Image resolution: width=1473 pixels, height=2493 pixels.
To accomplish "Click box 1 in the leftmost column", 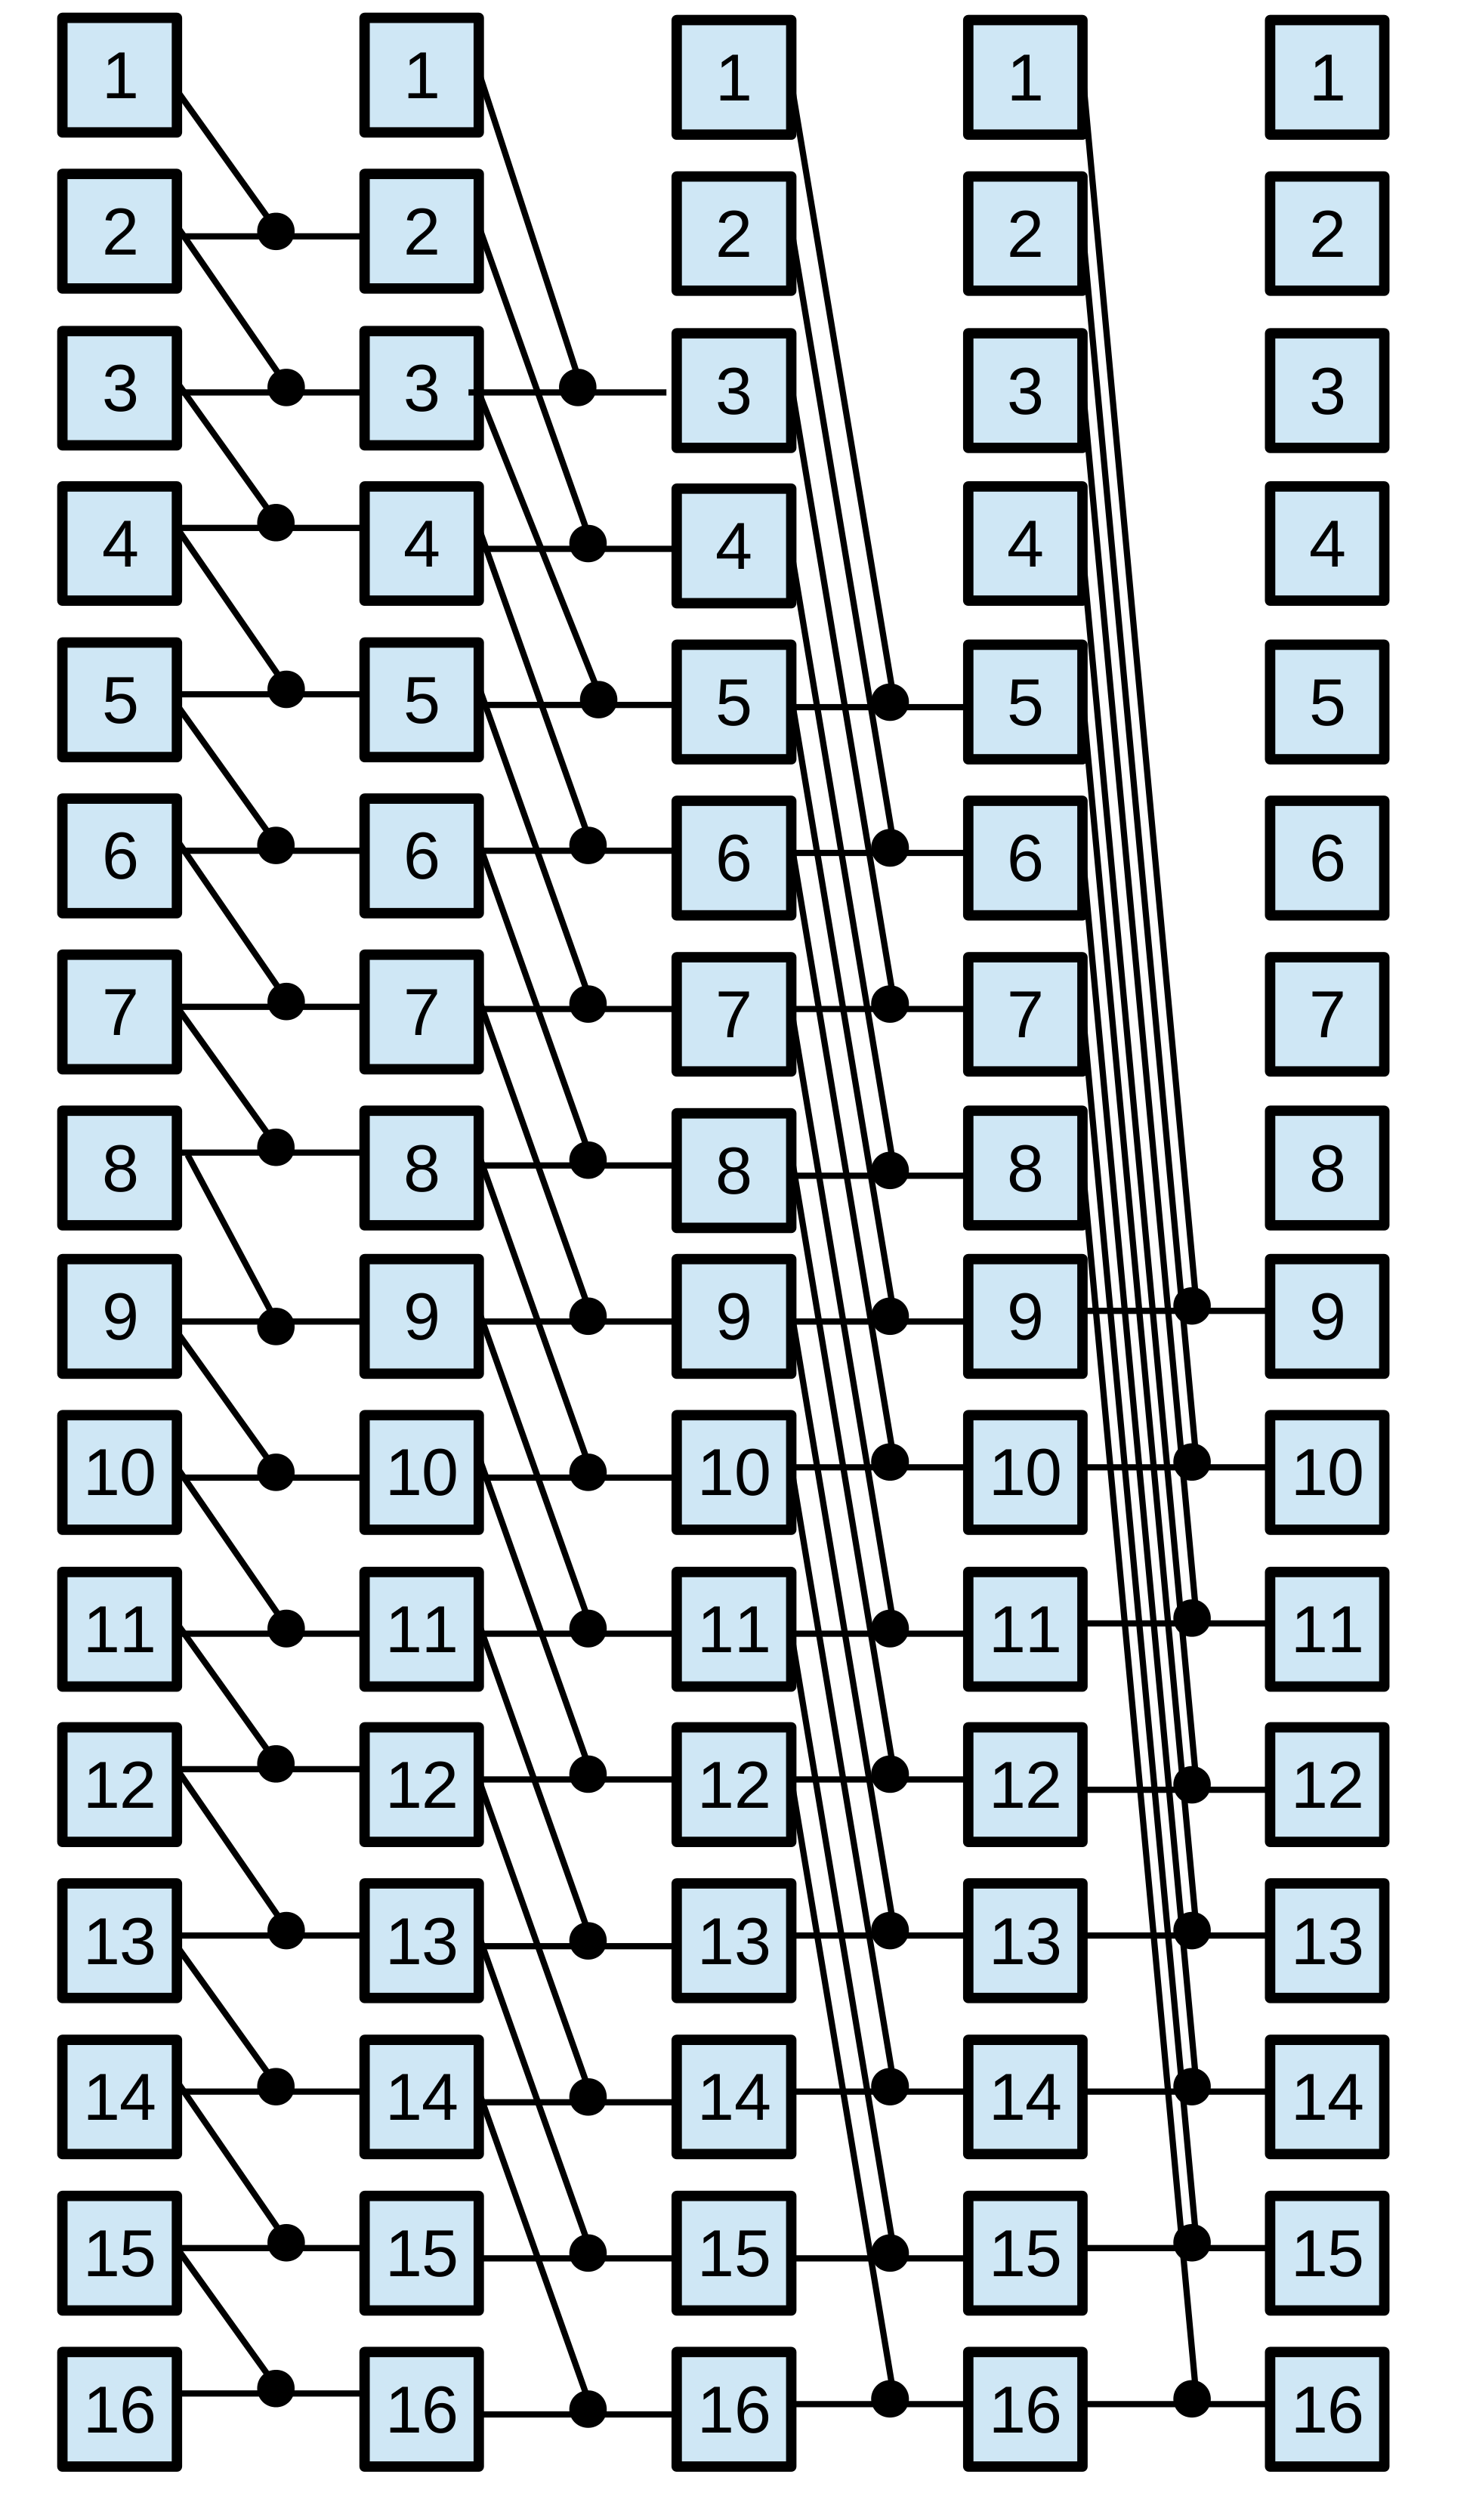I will pyautogui.click(x=120, y=75).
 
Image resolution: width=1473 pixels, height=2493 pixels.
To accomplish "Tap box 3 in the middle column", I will pyautogui.click(x=733, y=390).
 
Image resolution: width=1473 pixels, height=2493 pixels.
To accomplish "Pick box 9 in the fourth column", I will pyautogui.click(x=1025, y=1316).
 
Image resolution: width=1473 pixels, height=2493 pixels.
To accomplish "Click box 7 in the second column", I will pyautogui.click(x=422, y=1012).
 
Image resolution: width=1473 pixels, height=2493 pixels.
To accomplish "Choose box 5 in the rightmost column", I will pyautogui.click(x=1327, y=702).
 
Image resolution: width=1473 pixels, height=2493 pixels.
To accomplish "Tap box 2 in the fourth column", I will pyautogui.click(x=1025, y=234).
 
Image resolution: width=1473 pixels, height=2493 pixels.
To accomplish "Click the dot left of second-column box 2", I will pyautogui.click(x=276, y=231).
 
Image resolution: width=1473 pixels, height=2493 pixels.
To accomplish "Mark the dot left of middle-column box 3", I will pyautogui.click(x=578, y=387).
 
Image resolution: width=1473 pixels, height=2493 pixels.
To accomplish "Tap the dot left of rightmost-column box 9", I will pyautogui.click(x=1191, y=1306).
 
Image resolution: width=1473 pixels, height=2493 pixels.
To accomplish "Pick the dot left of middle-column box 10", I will pyautogui.click(x=588, y=1473).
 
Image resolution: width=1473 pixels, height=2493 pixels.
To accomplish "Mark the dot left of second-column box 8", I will pyautogui.click(x=276, y=1148).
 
